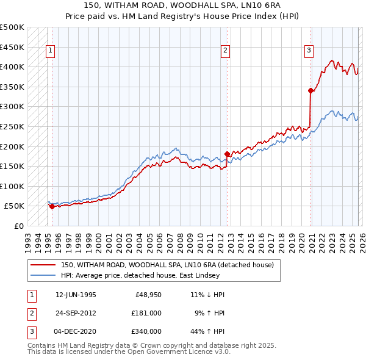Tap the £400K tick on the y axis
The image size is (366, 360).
coord(12,67)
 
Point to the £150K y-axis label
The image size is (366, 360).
coord(12,166)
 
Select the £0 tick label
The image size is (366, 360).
coord(18,226)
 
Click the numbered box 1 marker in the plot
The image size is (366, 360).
coord(49,51)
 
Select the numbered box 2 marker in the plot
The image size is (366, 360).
coord(225,51)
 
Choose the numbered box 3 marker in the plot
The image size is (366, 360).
coord(309,51)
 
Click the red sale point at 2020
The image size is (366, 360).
coord(310,91)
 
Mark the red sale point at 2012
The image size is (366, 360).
coord(228,154)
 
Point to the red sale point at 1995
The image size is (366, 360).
coord(52,206)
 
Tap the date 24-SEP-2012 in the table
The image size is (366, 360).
coord(76,312)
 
